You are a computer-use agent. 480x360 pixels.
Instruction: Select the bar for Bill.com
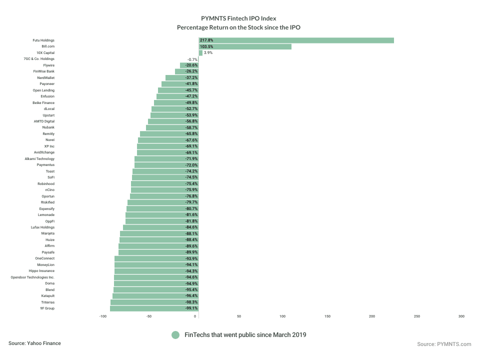click(245, 46)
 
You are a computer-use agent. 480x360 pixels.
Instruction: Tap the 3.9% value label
click(208, 52)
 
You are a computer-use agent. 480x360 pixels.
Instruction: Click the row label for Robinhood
click(46, 183)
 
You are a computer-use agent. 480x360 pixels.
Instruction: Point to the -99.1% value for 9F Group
click(191, 308)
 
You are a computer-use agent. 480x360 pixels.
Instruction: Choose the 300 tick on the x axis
click(461, 316)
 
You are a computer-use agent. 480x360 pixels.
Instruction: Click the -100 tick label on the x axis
click(103, 316)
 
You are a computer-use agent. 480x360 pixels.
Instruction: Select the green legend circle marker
click(175, 334)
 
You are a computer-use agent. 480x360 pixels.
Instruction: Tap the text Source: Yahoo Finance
click(34, 343)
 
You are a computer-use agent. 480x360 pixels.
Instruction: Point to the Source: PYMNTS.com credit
click(444, 344)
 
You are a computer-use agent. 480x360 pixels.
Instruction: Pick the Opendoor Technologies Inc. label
click(33, 277)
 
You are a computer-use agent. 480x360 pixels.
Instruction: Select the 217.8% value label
click(206, 40)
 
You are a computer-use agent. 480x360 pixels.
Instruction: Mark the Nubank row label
click(48, 127)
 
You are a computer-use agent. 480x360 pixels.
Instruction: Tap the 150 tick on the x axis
click(327, 316)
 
